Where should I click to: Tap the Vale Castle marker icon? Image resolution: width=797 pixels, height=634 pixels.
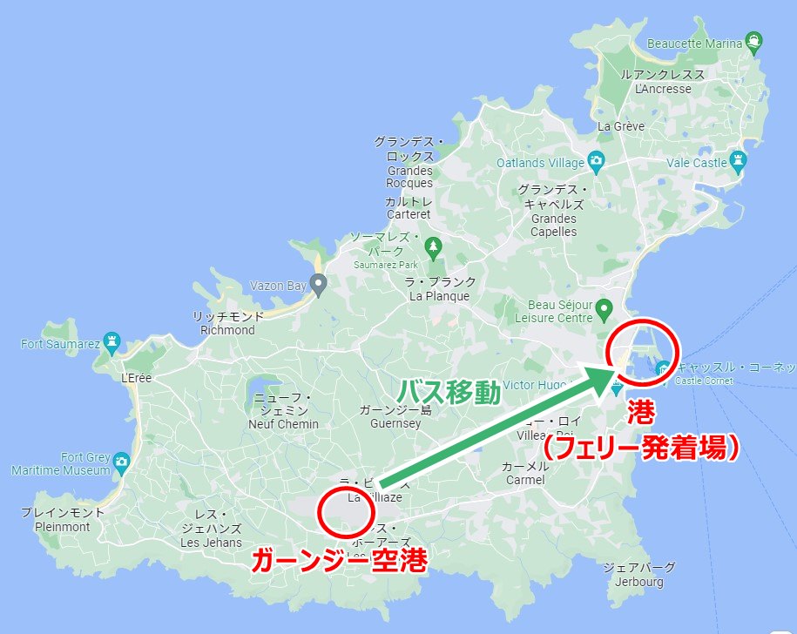(740, 160)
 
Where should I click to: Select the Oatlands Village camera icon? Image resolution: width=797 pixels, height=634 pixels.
(596, 160)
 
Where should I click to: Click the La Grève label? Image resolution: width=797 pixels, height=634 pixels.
(621, 126)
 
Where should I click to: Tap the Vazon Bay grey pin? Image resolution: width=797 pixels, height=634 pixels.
(319, 283)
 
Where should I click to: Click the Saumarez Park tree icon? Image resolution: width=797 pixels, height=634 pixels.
(433, 247)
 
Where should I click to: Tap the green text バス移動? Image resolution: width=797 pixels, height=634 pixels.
(449, 394)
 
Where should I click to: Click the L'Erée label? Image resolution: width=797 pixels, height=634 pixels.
(138, 379)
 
